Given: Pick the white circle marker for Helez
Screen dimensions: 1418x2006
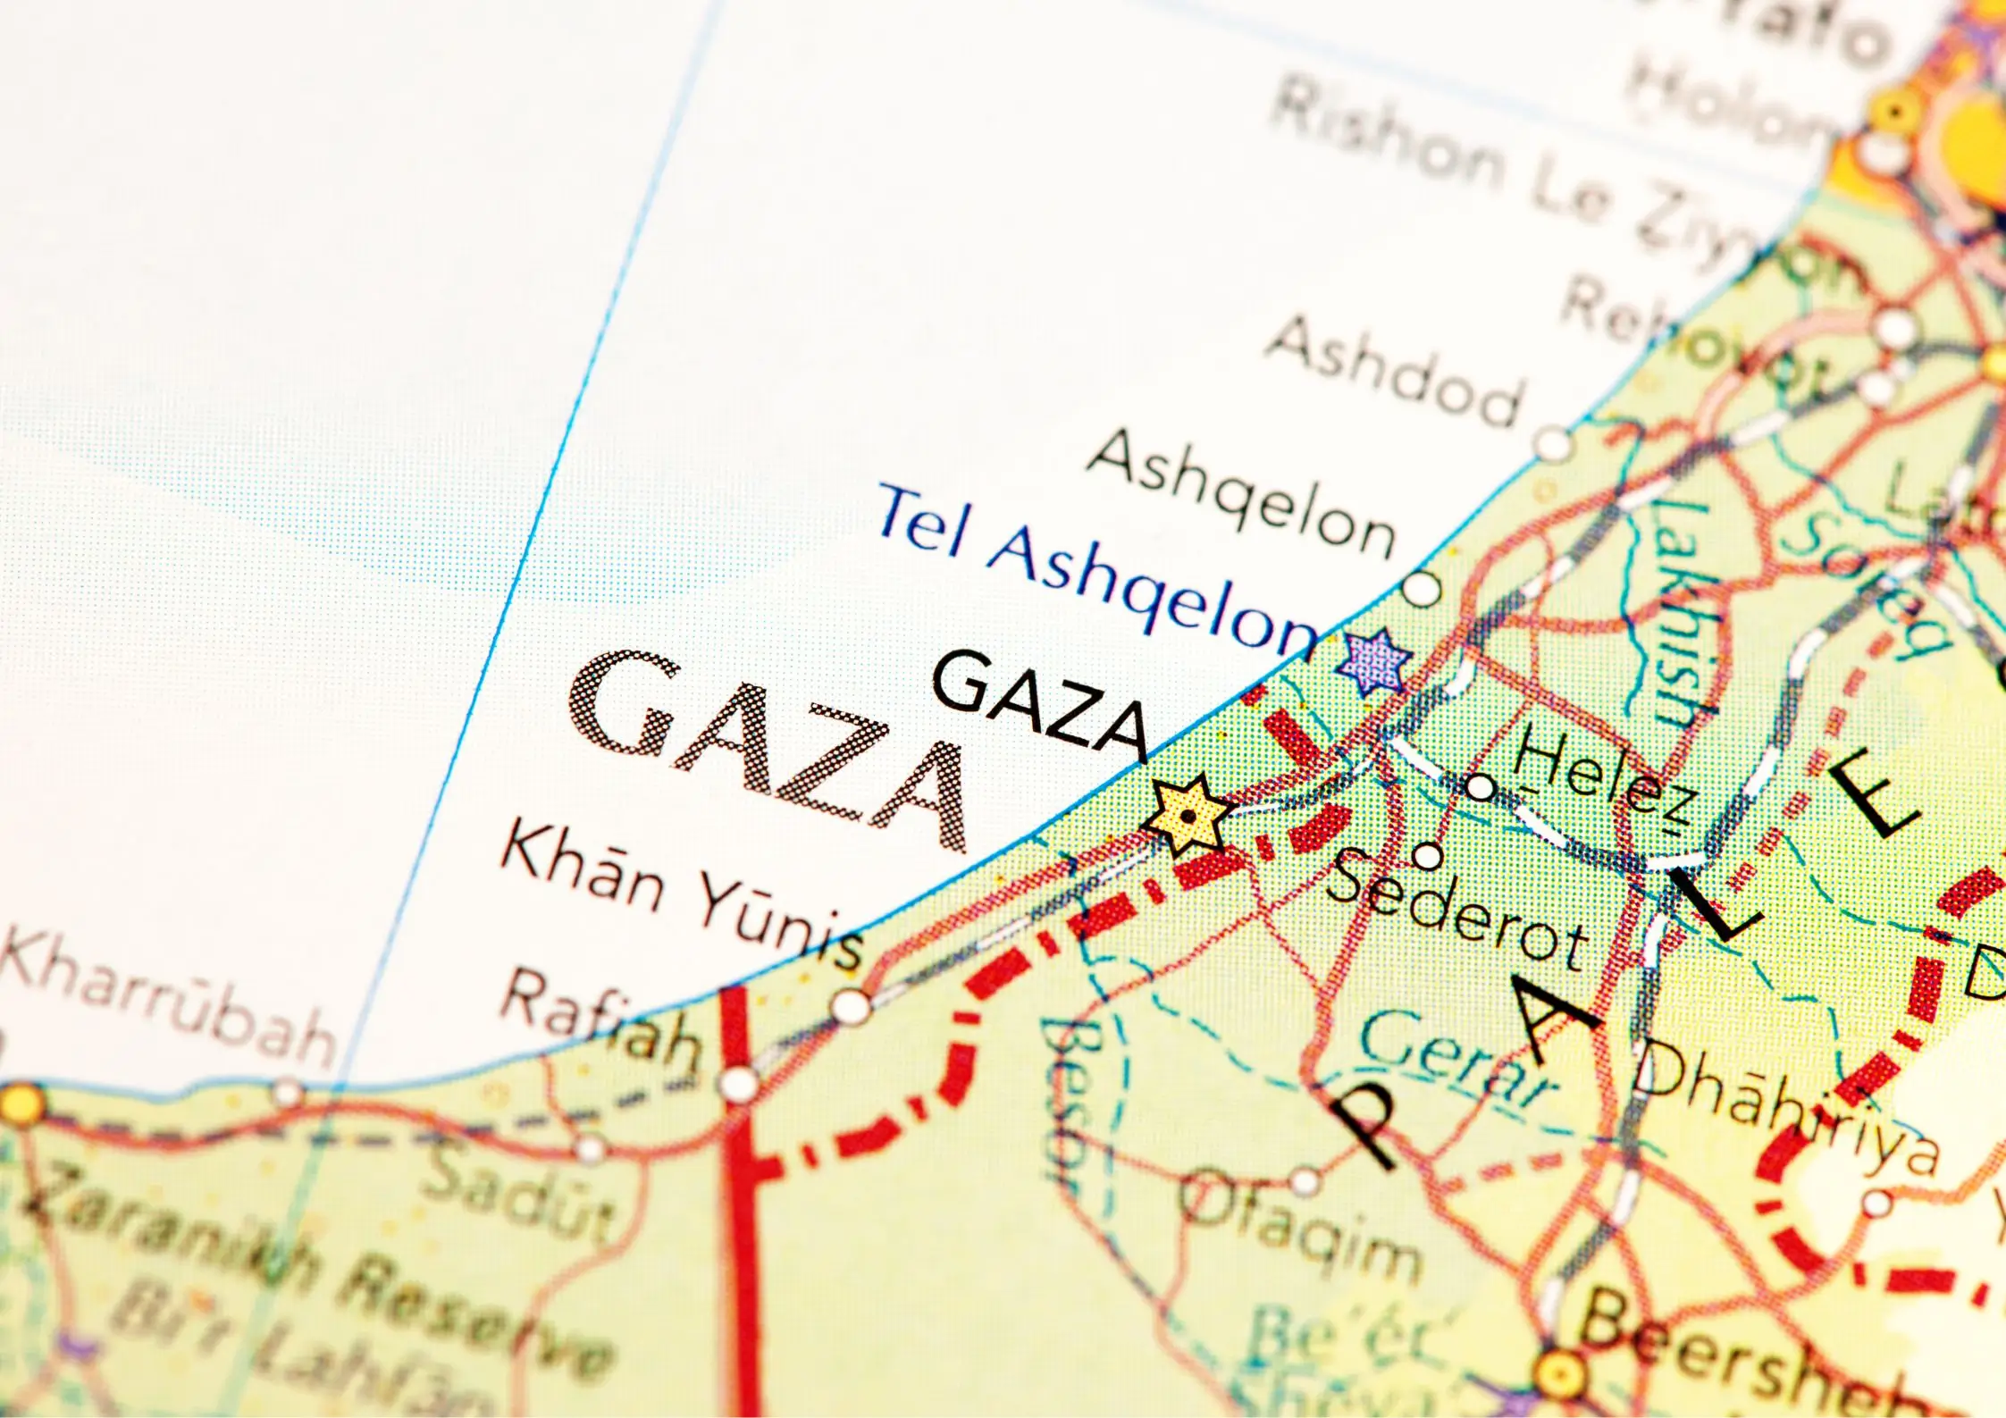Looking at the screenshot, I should coord(1480,787).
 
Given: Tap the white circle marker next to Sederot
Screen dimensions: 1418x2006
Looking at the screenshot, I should coord(1427,856).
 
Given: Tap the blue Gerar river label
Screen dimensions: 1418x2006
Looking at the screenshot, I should coord(1456,1059).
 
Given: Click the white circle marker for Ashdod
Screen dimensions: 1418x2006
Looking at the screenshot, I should coord(1553,441).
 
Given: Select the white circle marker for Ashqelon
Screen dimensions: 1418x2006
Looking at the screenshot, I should coord(1421,589).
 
